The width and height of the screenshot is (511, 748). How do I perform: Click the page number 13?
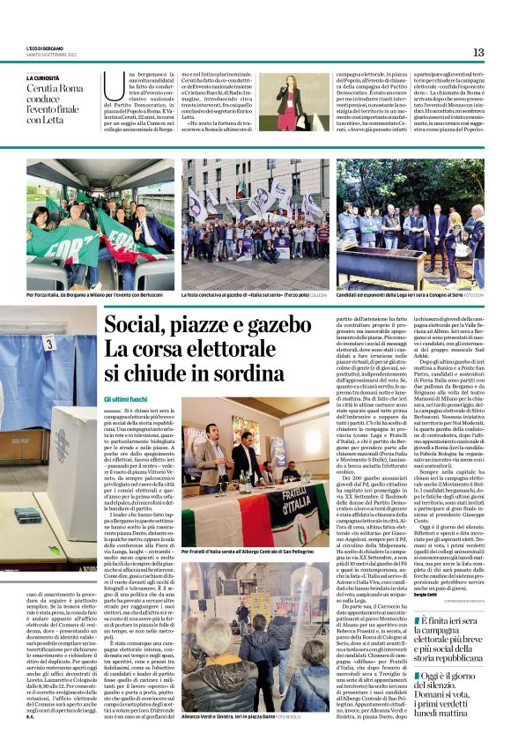478,53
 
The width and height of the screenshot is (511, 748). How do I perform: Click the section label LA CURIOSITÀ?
44,78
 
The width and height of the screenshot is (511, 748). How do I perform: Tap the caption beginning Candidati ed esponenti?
405,295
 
